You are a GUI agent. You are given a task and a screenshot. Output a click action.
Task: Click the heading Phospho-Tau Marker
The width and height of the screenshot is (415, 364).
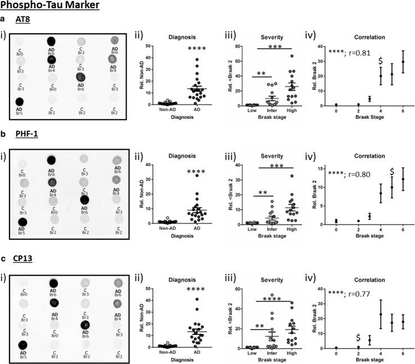tap(50, 6)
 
